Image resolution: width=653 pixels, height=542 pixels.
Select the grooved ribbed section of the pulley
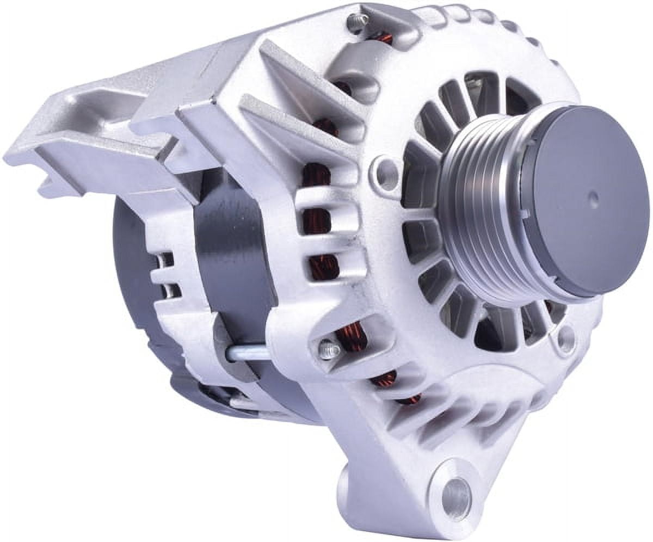tap(479, 218)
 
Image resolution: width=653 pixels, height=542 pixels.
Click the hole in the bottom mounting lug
tap(456, 496)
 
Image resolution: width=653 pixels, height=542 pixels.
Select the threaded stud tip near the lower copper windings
tap(329, 349)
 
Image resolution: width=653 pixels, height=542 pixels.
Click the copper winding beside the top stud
tap(384, 38)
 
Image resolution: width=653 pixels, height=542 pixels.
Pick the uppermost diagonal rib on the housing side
tap(305, 71)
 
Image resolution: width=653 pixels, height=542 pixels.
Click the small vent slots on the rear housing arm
tap(167, 275)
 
